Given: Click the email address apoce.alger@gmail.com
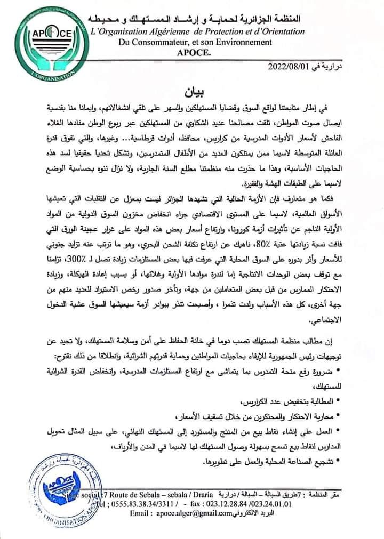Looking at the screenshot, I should point(195,512).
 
